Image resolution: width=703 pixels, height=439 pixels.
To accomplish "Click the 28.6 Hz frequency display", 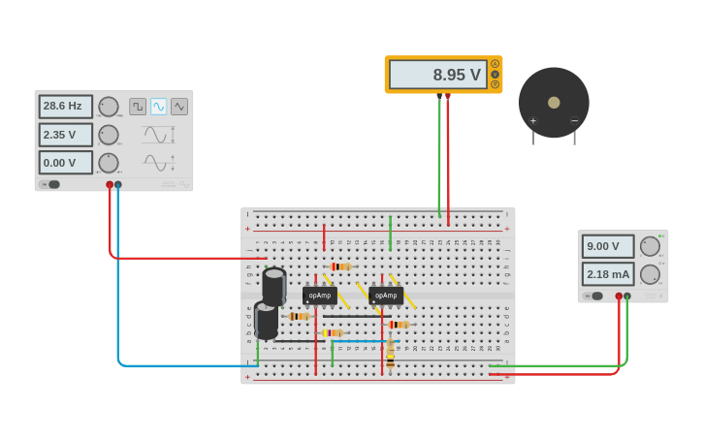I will [x=65, y=107].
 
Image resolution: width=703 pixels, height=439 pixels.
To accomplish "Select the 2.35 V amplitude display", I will [x=65, y=135].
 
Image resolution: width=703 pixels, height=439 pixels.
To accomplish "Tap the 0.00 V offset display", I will [x=65, y=163].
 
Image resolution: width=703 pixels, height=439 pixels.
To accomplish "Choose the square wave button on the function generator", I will [x=138, y=107].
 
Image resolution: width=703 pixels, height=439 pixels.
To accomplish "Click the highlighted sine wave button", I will [x=158, y=107].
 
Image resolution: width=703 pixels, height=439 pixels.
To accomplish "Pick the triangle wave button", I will [x=179, y=107].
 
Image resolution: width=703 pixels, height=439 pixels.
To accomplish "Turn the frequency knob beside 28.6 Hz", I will [x=109, y=107].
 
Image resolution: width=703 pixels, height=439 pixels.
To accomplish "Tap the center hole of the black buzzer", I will [x=554, y=103].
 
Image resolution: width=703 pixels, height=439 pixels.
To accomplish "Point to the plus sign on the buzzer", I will [x=532, y=121].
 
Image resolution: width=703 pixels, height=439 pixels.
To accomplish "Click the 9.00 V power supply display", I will [x=607, y=246].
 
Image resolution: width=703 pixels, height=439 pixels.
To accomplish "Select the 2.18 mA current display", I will [x=607, y=274].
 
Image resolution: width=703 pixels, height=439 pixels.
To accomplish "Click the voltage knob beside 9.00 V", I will [x=650, y=246].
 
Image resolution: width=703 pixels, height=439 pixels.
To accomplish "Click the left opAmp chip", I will [x=320, y=296].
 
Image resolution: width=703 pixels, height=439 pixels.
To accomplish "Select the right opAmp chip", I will [x=386, y=296].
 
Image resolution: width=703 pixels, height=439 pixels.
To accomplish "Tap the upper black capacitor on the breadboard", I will [x=274, y=285].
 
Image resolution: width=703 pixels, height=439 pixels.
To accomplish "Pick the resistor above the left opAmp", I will [x=340, y=267].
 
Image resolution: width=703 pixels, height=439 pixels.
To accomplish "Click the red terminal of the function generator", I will [x=110, y=184].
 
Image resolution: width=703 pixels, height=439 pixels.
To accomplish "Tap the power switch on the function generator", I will [x=51, y=184].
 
